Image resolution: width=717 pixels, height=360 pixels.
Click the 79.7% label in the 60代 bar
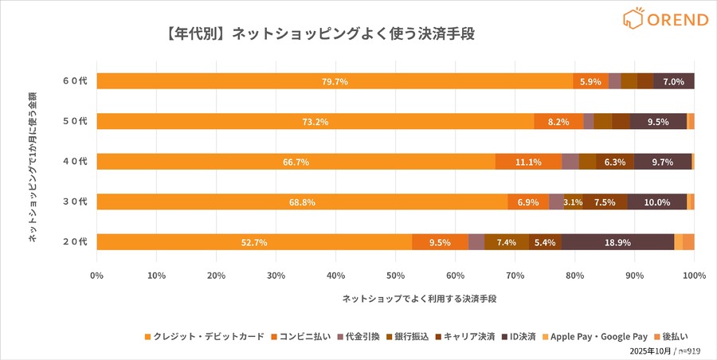(x=335, y=81)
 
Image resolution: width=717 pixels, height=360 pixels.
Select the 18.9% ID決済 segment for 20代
(x=617, y=242)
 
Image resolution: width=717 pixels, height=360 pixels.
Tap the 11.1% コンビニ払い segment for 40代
(x=528, y=162)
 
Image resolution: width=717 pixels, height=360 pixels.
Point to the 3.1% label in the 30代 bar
(x=573, y=202)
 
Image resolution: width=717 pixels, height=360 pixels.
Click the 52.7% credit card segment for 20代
(x=254, y=242)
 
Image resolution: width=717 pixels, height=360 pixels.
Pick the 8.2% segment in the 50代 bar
(x=558, y=122)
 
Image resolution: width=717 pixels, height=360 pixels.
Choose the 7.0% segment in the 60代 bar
(x=673, y=81)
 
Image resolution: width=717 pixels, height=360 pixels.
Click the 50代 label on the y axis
(x=75, y=121)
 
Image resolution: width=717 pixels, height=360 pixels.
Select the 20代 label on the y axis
(x=75, y=241)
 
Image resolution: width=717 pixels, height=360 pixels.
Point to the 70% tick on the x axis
(x=515, y=276)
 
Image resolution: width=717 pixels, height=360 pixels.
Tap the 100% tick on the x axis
(x=694, y=276)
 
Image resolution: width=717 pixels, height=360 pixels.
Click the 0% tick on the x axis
(x=97, y=276)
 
